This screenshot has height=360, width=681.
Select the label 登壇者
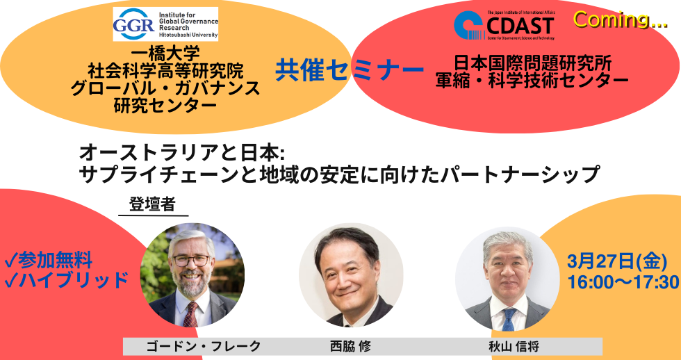(151, 205)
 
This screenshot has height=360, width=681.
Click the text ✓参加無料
(49, 261)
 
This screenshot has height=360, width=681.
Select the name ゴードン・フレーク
(194, 345)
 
